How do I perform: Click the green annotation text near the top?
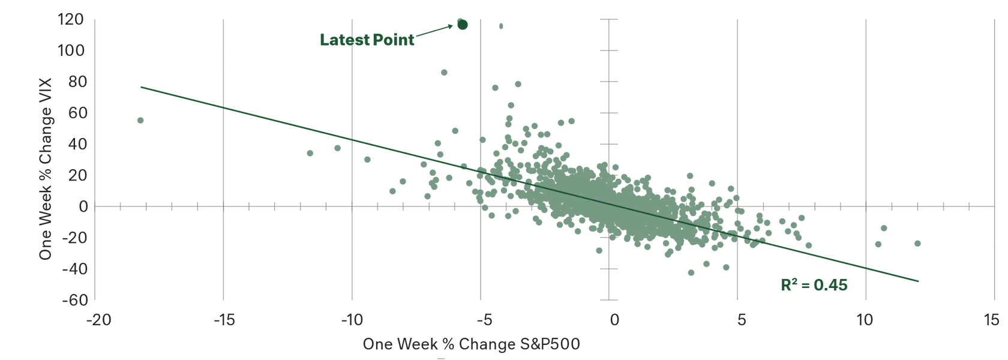(x=367, y=40)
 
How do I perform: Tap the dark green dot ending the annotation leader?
(x=462, y=24)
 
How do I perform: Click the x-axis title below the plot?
(x=471, y=346)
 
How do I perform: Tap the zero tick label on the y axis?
(x=82, y=205)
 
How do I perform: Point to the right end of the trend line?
(x=919, y=281)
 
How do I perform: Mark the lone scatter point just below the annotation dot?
(x=444, y=72)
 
